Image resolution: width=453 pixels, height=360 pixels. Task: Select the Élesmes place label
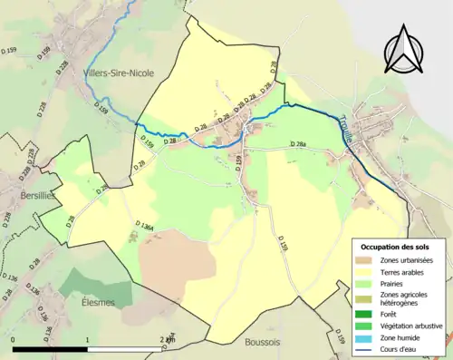(x=98, y=303)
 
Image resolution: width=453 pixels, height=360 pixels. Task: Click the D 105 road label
(x=282, y=246)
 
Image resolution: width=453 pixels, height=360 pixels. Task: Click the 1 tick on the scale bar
(x=88, y=339)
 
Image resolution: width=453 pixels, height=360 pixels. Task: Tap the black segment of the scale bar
(x=51, y=349)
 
